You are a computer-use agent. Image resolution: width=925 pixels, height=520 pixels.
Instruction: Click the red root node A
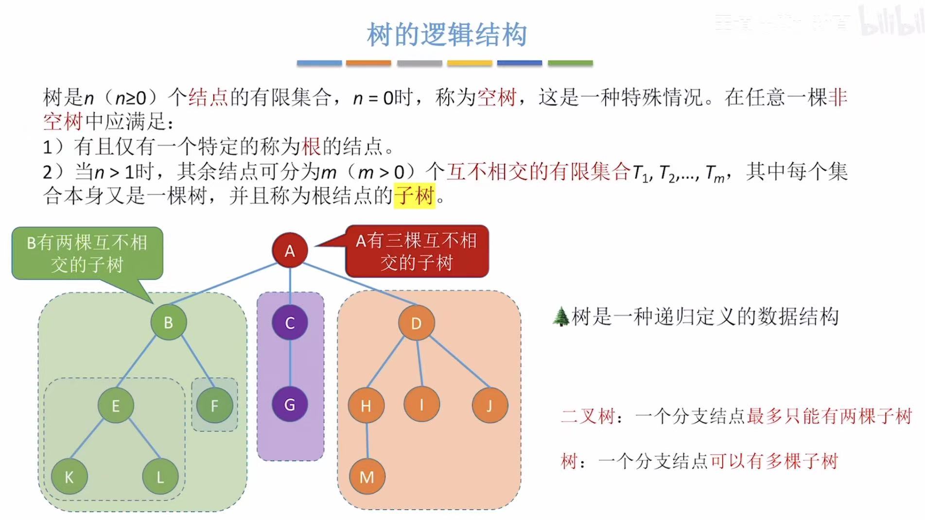(290, 250)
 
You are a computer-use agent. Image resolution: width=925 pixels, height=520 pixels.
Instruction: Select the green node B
(168, 322)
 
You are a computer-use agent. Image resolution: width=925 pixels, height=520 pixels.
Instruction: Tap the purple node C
(290, 323)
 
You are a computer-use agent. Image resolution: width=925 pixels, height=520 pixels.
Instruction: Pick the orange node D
(416, 323)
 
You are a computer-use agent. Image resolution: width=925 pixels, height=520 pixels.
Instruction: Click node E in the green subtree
(116, 405)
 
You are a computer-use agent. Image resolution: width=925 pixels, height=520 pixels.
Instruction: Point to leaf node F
(214, 405)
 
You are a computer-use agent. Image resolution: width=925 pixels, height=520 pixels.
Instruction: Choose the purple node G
(290, 404)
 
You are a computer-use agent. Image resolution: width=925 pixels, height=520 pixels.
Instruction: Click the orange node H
(366, 405)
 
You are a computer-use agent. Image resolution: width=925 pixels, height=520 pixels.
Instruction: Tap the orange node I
(421, 404)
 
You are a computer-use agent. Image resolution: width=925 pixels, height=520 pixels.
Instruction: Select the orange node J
(489, 405)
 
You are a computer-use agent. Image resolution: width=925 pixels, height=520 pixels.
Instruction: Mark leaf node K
(69, 477)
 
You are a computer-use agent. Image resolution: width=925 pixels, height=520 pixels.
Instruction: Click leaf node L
(160, 477)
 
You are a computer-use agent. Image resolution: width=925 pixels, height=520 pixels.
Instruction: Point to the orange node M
(367, 477)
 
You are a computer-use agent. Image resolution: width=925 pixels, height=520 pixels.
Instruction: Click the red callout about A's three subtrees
(417, 251)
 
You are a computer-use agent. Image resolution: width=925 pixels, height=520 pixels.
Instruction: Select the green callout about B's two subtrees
(87, 253)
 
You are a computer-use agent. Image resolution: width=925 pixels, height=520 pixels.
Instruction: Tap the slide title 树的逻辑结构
(447, 35)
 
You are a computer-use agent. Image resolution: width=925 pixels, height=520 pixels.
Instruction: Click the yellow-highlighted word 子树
(414, 196)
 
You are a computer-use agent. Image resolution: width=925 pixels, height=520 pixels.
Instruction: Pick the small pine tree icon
(561, 317)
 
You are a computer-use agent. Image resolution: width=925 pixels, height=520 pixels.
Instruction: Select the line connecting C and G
(290, 363)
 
